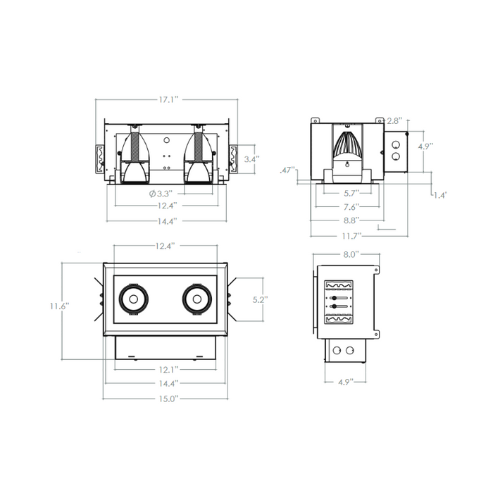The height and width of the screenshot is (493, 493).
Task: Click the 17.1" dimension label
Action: tap(168, 100)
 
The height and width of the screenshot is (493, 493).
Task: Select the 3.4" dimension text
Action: tap(252, 159)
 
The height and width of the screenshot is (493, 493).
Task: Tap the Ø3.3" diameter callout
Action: tap(161, 194)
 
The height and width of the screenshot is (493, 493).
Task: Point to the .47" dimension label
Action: tap(288, 170)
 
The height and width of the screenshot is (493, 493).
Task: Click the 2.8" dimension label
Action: tap(394, 120)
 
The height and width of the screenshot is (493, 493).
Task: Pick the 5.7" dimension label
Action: tap(351, 193)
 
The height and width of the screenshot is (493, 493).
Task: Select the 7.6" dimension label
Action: tap(351, 207)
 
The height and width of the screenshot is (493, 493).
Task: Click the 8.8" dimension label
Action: tap(351, 220)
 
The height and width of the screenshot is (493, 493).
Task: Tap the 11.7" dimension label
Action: tap(352, 236)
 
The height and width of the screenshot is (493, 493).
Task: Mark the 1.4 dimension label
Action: tap(440, 195)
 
